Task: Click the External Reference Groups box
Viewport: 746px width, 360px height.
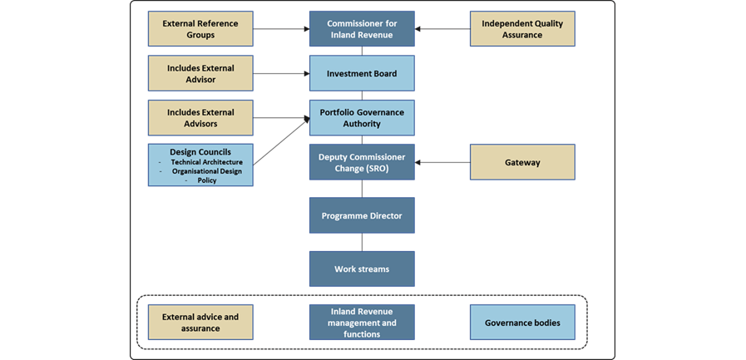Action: (x=200, y=29)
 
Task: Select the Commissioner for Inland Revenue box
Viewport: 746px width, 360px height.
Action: (x=362, y=29)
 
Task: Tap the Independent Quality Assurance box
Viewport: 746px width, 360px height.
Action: (x=521, y=29)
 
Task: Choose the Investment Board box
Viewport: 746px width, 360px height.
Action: (x=362, y=73)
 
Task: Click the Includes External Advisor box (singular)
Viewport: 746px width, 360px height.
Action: (x=200, y=73)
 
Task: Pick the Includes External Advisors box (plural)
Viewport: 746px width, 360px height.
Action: (x=200, y=118)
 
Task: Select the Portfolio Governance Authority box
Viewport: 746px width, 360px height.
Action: (x=362, y=118)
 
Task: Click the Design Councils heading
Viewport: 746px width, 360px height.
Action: (x=200, y=152)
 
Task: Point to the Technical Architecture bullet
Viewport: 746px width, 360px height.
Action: (x=206, y=161)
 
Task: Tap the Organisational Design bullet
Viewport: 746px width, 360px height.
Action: (x=206, y=170)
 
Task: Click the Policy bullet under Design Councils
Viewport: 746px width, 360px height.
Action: (x=206, y=180)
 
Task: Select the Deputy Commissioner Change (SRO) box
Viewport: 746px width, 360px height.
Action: (x=362, y=162)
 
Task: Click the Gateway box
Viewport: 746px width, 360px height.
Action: (x=521, y=162)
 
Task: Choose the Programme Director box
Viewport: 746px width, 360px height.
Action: (x=362, y=215)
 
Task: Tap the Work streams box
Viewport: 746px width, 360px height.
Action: (x=362, y=269)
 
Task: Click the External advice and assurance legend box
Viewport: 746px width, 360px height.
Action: (x=200, y=323)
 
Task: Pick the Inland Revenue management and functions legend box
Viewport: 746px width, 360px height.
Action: (x=362, y=323)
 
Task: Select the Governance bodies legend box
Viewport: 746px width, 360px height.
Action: (x=521, y=323)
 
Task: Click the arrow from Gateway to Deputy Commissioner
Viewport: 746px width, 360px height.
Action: (x=442, y=163)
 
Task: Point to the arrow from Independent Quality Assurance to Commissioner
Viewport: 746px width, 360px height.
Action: (x=442, y=29)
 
